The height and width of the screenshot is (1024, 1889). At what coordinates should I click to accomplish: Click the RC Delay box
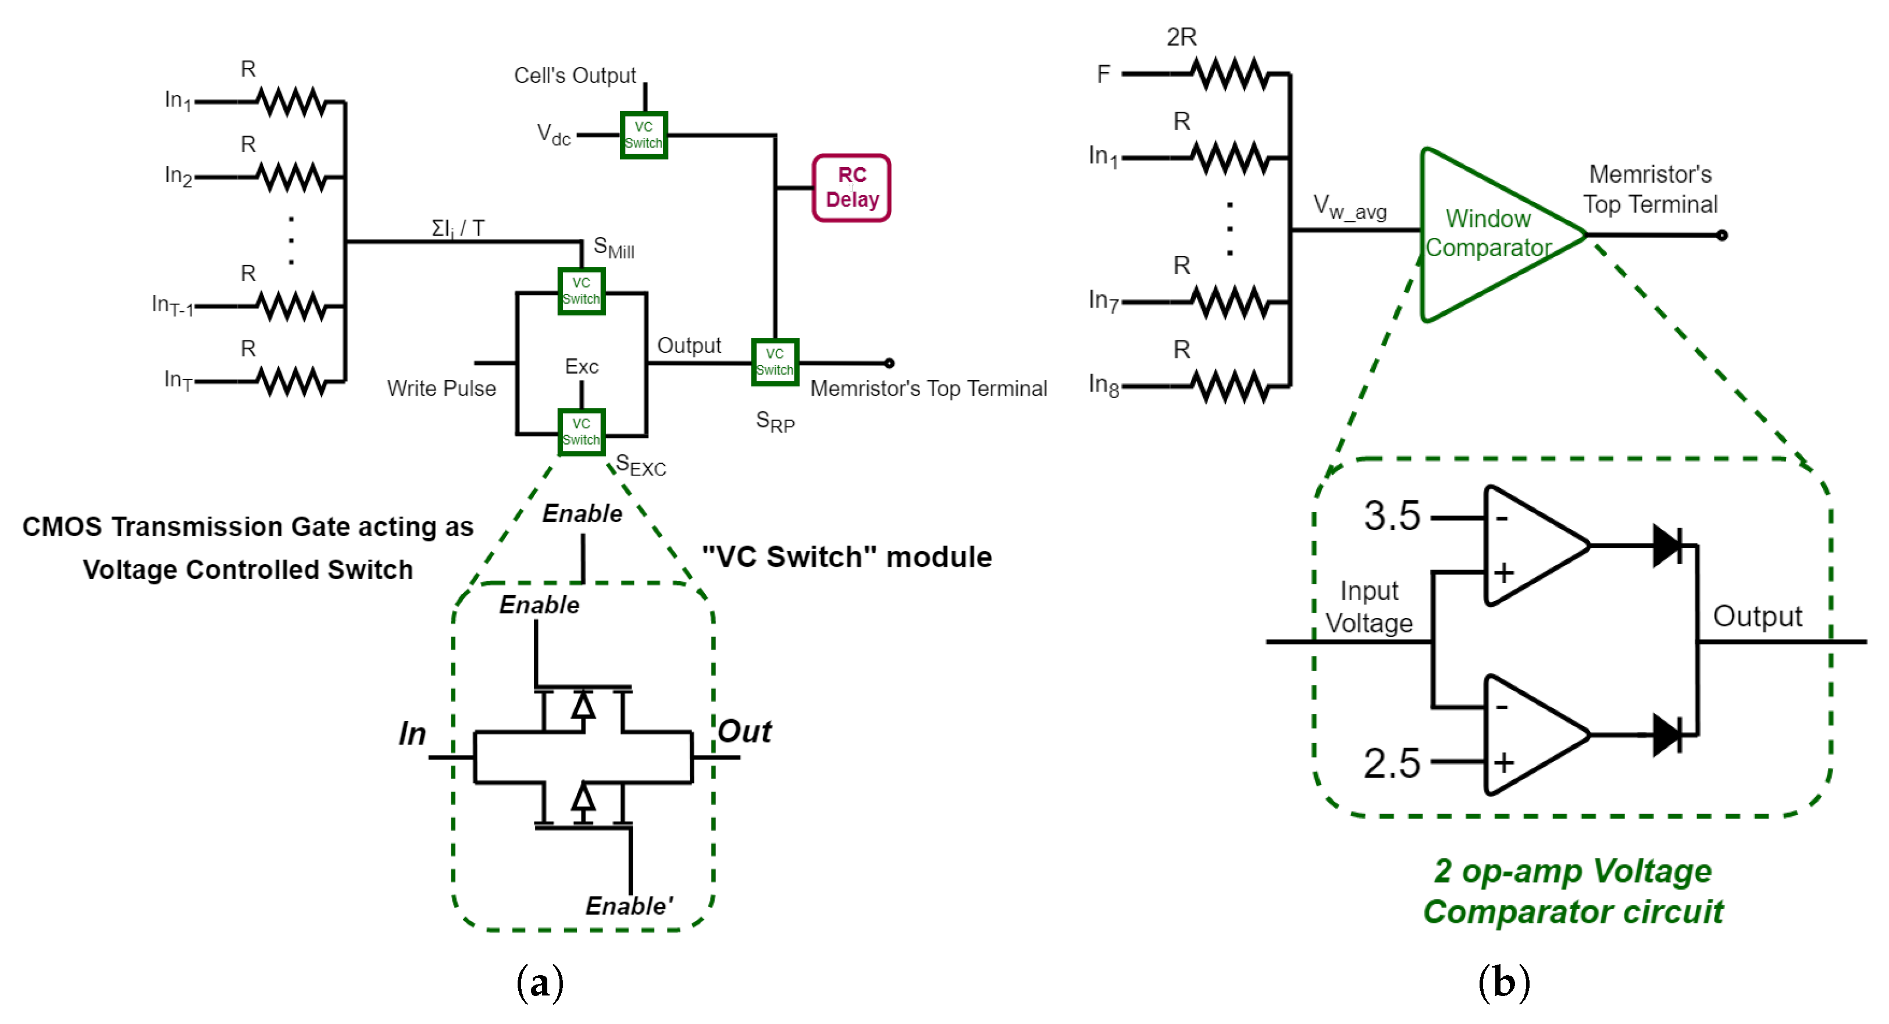[851, 188]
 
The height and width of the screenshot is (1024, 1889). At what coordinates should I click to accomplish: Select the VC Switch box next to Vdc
[643, 135]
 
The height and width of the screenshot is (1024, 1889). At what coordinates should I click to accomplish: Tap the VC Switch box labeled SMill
[581, 291]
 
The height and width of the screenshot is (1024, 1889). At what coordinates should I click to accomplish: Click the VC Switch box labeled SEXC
[581, 432]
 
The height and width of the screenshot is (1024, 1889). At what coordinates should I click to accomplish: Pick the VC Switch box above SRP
[774, 362]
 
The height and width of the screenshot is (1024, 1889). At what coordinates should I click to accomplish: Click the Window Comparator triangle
[1489, 234]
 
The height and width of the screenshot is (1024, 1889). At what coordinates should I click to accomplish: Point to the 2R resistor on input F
[1231, 73]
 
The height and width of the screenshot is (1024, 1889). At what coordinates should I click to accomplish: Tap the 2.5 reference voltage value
[1391, 763]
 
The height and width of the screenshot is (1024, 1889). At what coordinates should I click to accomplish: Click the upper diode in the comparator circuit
[1667, 545]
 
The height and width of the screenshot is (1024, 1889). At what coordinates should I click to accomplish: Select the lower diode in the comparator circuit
[1667, 734]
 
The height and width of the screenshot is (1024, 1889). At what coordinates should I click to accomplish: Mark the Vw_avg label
[1349, 208]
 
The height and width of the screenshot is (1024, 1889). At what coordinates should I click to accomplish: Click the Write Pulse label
[441, 388]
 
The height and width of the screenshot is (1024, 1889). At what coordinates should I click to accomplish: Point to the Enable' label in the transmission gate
[629, 906]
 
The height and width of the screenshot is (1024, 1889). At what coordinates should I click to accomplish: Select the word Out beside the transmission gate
[744, 731]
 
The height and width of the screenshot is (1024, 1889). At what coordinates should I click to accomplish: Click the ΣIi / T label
[458, 228]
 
